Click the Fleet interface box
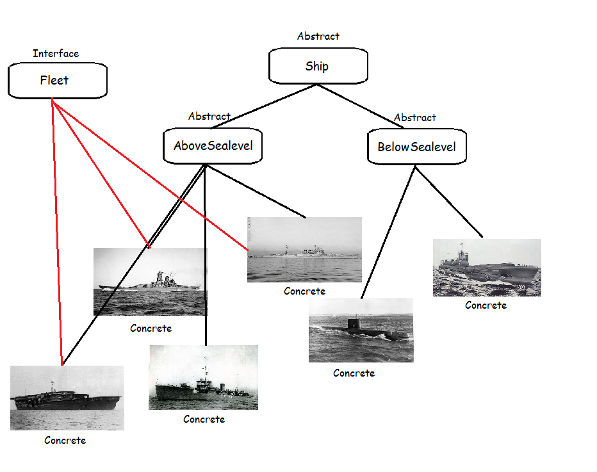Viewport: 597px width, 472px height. (x=57, y=81)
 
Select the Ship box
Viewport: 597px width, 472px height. (x=318, y=67)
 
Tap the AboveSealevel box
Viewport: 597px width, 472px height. (x=213, y=146)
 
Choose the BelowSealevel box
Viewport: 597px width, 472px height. (x=416, y=147)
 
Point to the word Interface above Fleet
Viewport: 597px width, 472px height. (x=56, y=54)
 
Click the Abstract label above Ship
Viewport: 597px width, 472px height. (x=318, y=37)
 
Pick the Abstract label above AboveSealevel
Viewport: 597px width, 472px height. (x=209, y=117)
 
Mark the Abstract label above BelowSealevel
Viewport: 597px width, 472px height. (x=414, y=118)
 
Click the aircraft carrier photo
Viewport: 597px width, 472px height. (x=67, y=398)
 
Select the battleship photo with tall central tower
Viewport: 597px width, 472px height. (x=150, y=282)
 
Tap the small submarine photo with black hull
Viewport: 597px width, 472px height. (x=361, y=330)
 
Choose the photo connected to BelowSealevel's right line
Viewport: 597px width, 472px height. (x=487, y=268)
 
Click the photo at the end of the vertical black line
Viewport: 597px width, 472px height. (x=203, y=377)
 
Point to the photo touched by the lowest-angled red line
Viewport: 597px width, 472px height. (x=304, y=250)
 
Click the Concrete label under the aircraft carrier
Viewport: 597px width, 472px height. (x=65, y=441)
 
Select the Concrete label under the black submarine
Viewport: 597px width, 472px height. (x=354, y=373)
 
